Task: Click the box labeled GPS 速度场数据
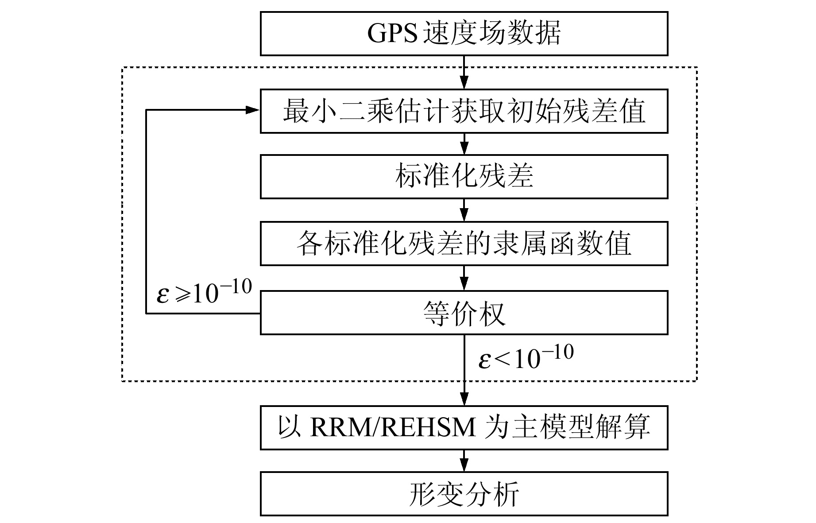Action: (464, 34)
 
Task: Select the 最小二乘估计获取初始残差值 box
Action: (464, 111)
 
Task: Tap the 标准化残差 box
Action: (464, 176)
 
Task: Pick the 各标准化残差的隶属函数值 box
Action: (464, 244)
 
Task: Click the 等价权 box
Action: (464, 313)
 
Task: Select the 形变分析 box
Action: (464, 494)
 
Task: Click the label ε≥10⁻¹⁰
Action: (204, 293)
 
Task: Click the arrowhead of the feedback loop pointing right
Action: (252, 109)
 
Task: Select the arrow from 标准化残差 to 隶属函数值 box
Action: (464, 210)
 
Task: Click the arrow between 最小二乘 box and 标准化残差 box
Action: (464, 144)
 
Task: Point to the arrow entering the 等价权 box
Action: (464, 278)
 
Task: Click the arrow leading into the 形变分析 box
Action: (464, 461)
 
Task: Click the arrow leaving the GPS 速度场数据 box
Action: (464, 73)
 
